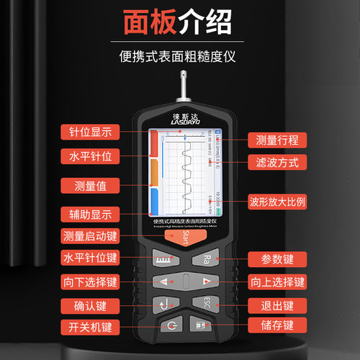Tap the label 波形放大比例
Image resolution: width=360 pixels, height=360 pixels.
pos(277,200)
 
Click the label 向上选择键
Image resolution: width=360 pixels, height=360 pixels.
pos(276,281)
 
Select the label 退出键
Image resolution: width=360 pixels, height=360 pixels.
pos(276,304)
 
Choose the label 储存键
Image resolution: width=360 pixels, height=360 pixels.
pos(276,325)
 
